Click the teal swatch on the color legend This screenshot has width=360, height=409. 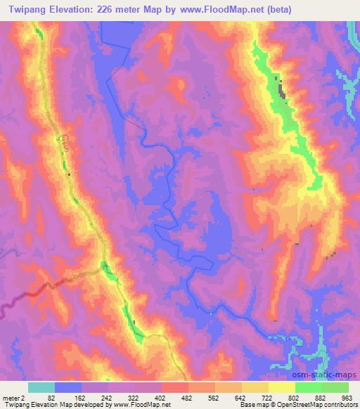click(41, 387)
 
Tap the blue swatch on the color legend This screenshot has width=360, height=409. click(68, 387)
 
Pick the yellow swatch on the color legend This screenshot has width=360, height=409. click(282, 387)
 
